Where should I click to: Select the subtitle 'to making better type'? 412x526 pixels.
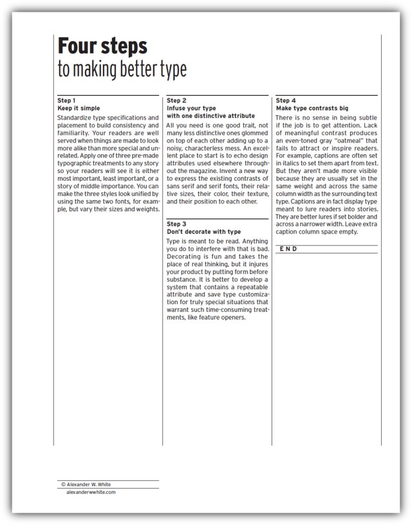122,69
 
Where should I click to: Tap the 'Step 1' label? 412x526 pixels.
67,101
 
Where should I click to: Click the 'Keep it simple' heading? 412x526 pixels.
79,108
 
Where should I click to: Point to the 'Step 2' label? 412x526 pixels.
176,101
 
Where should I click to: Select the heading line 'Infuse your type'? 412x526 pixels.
191,108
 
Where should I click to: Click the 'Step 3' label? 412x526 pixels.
176,224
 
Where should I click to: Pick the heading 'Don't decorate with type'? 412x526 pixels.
203,231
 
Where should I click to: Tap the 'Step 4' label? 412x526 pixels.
286,101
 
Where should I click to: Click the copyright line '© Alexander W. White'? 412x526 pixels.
91,485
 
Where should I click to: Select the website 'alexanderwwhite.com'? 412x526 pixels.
91,492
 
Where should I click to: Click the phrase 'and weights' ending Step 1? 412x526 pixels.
142,210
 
